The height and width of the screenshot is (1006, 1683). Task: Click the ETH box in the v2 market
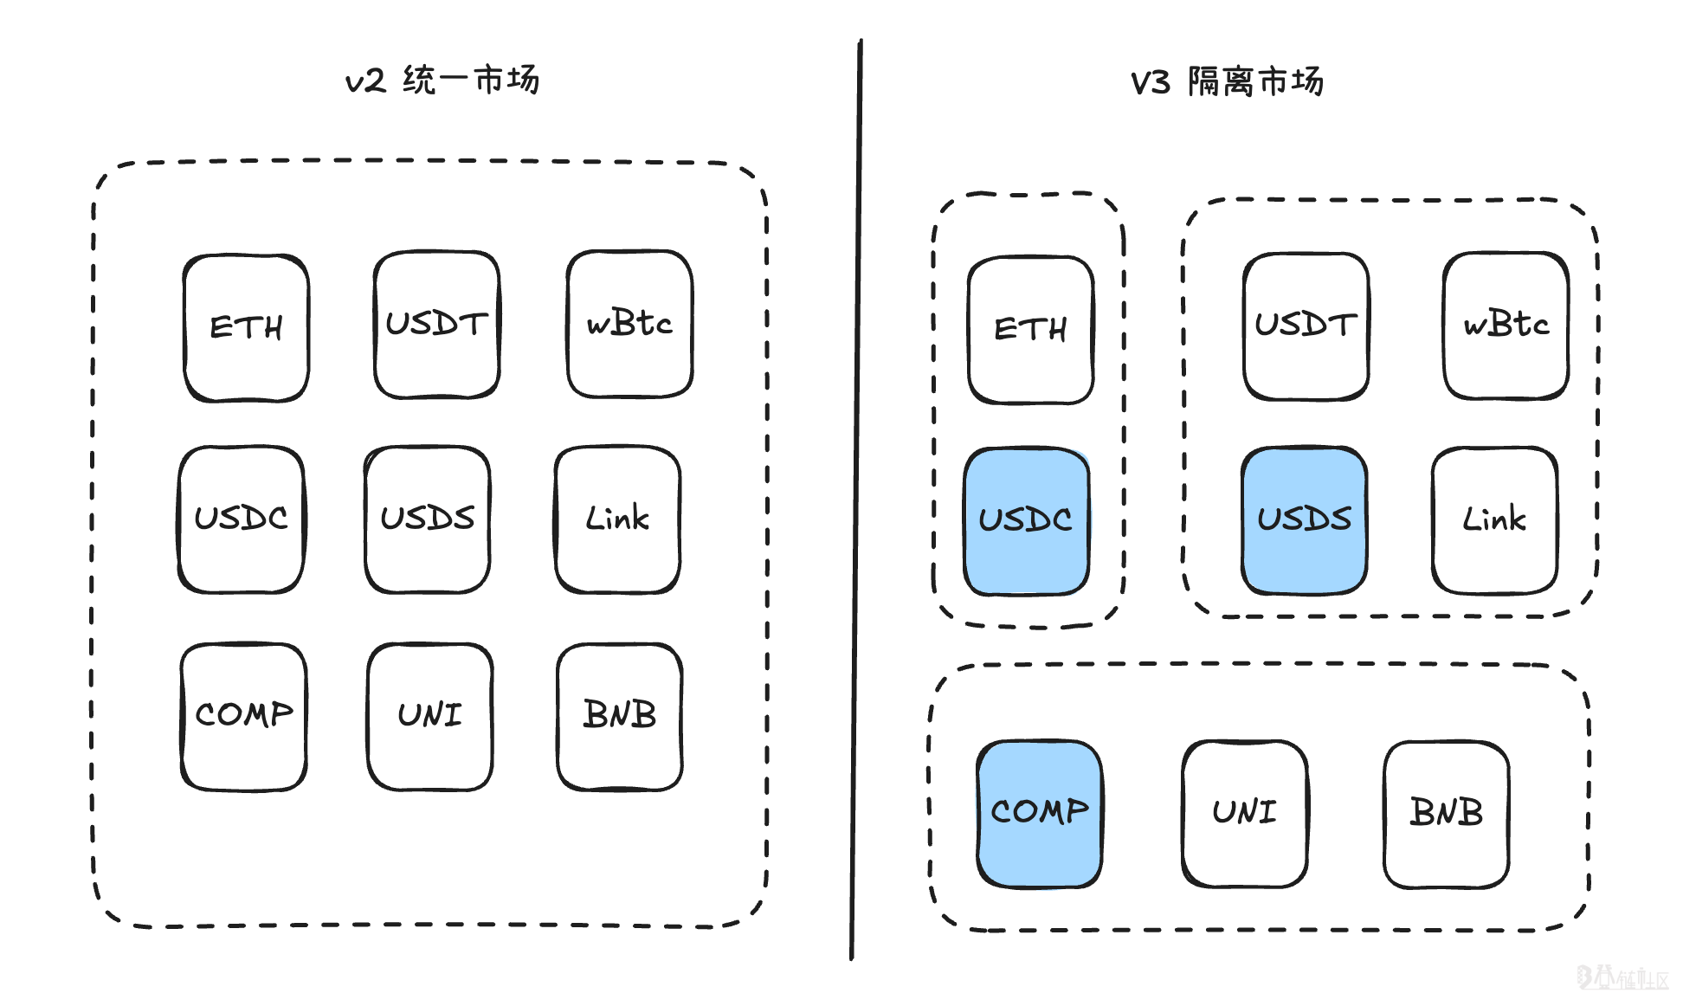(246, 328)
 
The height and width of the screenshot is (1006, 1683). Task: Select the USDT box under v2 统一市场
(436, 325)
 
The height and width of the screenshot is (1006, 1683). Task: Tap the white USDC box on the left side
(242, 519)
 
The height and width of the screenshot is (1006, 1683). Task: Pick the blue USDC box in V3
(1026, 520)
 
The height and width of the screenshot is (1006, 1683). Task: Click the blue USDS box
(1304, 519)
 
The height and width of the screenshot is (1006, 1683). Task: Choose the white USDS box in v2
(428, 519)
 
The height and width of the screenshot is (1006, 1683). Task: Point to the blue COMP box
(1039, 813)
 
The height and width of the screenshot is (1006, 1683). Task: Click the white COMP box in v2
(243, 716)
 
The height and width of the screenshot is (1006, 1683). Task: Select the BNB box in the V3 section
(1446, 813)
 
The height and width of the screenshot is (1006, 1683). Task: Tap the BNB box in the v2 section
(620, 716)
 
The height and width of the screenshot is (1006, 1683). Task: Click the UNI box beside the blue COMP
(1244, 813)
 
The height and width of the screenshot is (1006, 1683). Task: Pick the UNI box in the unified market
(429, 716)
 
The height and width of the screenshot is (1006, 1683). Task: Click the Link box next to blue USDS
(1494, 519)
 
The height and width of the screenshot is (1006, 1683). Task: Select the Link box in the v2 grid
(617, 519)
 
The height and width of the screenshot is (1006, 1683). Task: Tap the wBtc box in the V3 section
(1506, 326)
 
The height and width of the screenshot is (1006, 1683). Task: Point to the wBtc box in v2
(629, 324)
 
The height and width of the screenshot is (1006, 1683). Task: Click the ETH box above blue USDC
(1030, 330)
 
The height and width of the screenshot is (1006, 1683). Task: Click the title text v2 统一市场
(442, 81)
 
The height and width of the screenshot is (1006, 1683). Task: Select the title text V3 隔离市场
(1227, 82)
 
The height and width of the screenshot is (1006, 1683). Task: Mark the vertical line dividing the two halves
(856, 502)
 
